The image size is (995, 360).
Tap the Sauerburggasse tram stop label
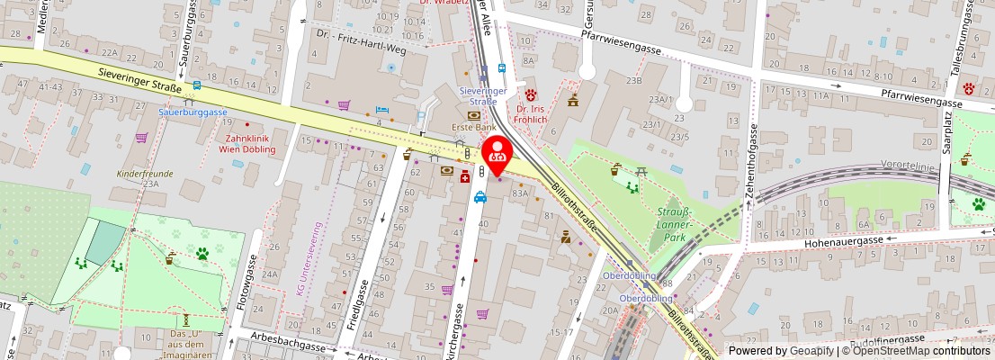point(193,112)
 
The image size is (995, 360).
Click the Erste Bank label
point(473,128)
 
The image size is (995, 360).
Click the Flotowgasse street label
point(242,290)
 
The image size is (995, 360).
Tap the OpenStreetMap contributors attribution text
point(915,351)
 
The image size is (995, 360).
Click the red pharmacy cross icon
point(464,176)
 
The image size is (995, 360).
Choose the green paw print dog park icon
point(203,255)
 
